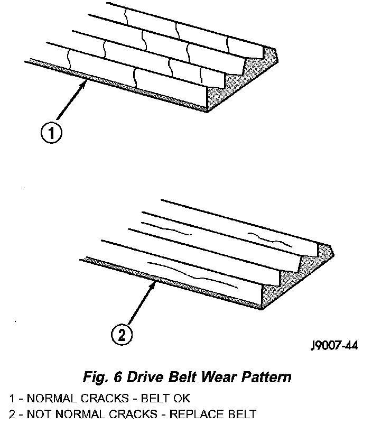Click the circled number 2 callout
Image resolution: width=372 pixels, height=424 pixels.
122,334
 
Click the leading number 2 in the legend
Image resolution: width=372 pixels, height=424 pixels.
11,413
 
